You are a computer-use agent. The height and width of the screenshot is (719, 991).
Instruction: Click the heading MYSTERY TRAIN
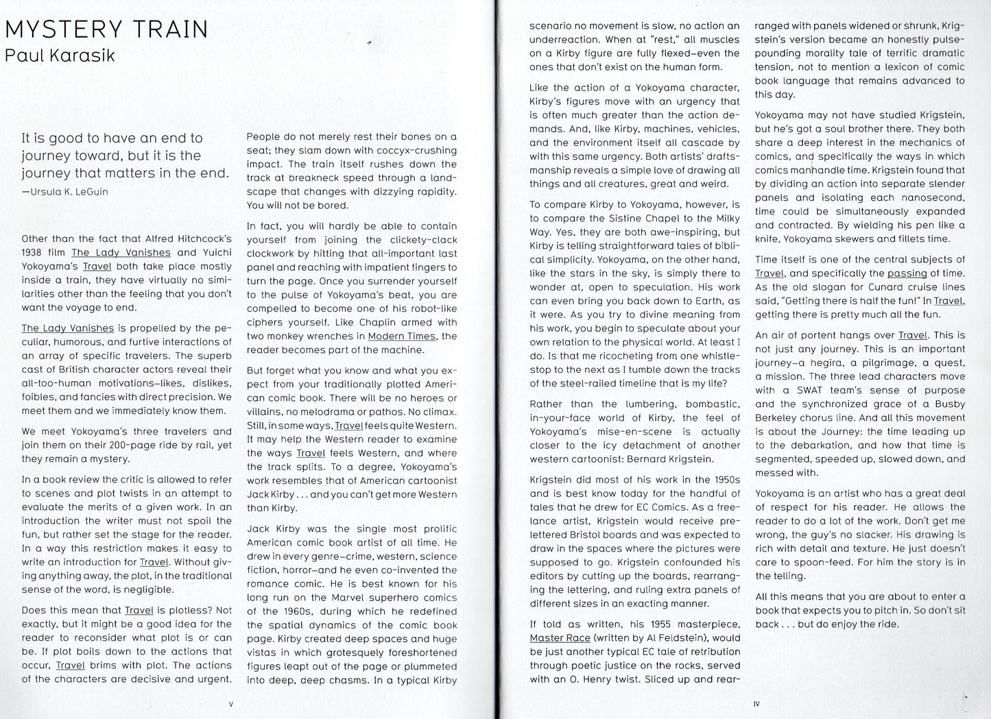pos(106,29)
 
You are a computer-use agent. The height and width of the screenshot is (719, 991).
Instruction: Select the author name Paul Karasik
pos(60,56)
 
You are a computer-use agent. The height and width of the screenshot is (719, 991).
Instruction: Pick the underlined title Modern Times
pos(401,336)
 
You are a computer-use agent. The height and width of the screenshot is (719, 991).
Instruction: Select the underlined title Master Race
pos(560,638)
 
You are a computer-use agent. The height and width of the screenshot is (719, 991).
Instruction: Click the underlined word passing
pos(907,273)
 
